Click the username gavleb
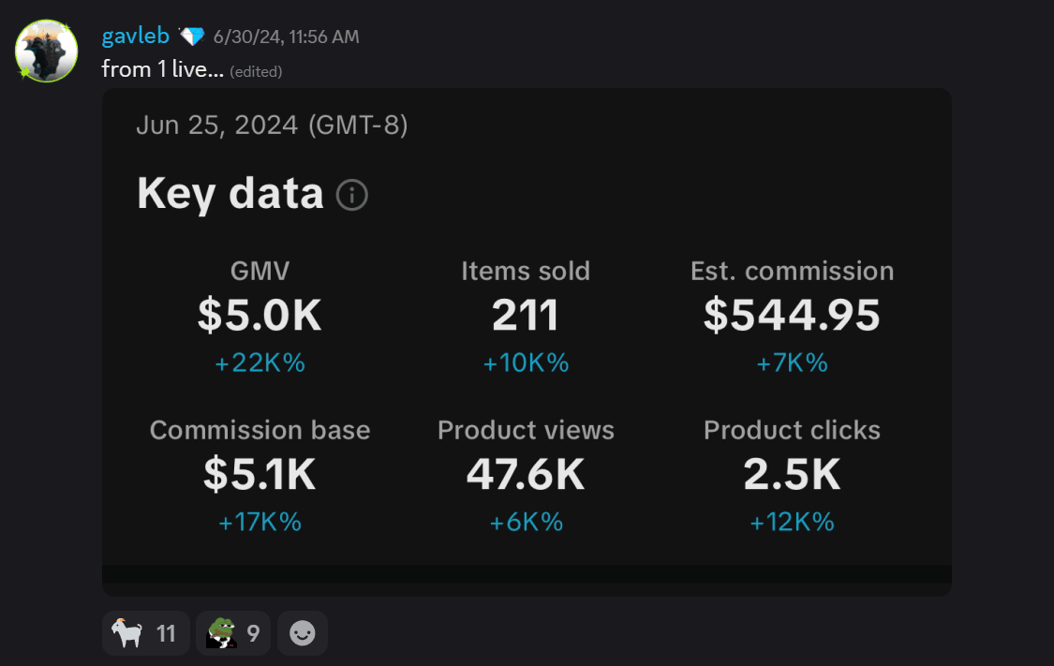click(x=135, y=37)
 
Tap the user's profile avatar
click(x=46, y=51)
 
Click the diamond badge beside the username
click(x=191, y=37)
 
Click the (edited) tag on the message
click(x=256, y=71)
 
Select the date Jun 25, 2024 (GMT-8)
click(x=272, y=125)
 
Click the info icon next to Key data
click(x=352, y=195)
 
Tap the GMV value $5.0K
click(x=260, y=316)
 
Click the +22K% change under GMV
click(x=260, y=363)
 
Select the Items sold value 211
click(x=526, y=316)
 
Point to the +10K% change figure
click(x=526, y=363)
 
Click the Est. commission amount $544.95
click(x=792, y=316)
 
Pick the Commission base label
click(x=260, y=430)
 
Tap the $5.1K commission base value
click(x=260, y=475)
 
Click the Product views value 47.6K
click(x=526, y=475)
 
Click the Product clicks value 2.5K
click(x=792, y=475)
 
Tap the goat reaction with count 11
click(x=145, y=634)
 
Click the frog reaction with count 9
click(x=233, y=634)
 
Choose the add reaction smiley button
click(x=303, y=634)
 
